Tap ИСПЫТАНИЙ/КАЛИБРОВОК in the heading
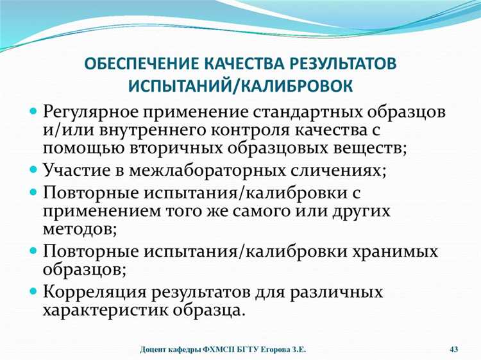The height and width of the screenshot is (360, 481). pyautogui.click(x=240, y=85)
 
